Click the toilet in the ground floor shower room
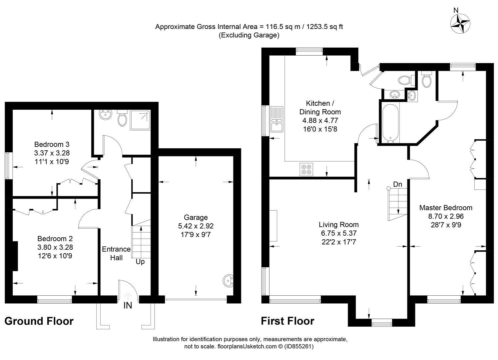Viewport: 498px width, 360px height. [x=122, y=119]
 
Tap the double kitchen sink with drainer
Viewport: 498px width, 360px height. [x=277, y=119]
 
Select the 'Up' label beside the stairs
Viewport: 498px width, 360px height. [x=140, y=262]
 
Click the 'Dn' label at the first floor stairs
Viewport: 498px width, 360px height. [x=397, y=184]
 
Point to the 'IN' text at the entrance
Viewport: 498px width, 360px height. [x=128, y=305]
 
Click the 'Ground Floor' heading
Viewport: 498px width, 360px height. [x=39, y=321]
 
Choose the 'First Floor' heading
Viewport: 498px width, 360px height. [x=287, y=321]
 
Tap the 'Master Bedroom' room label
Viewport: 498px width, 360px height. [x=446, y=208]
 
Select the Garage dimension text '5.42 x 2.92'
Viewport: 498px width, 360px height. [x=196, y=226]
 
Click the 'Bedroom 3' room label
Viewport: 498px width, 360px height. [x=52, y=144]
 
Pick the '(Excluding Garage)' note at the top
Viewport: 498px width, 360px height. [x=249, y=35]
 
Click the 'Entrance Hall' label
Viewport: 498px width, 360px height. [x=116, y=253]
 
